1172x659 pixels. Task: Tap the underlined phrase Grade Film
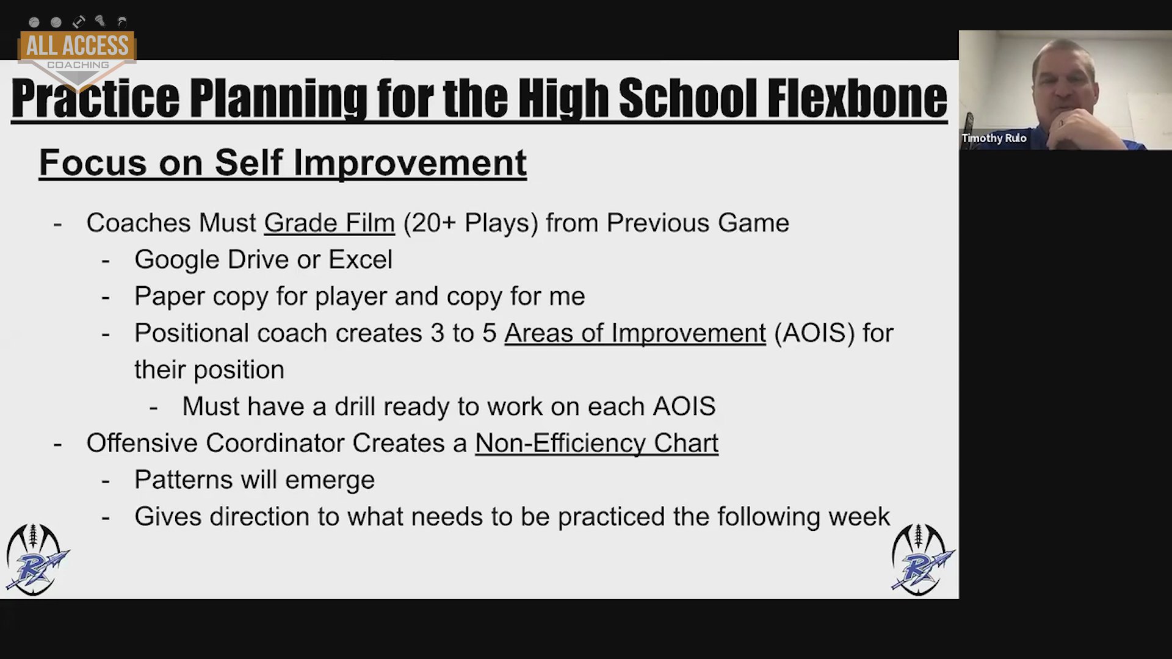pos(330,223)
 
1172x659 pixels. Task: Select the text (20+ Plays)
pos(471,223)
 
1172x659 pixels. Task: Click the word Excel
pos(360,259)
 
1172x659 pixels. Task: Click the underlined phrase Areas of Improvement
pos(635,333)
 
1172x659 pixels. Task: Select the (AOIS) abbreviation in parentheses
pos(814,333)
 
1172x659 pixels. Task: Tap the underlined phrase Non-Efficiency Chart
pos(596,443)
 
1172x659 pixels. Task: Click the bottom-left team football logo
pos(36,559)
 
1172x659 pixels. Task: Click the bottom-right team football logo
pos(922,559)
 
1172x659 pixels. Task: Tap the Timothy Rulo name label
pos(994,139)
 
